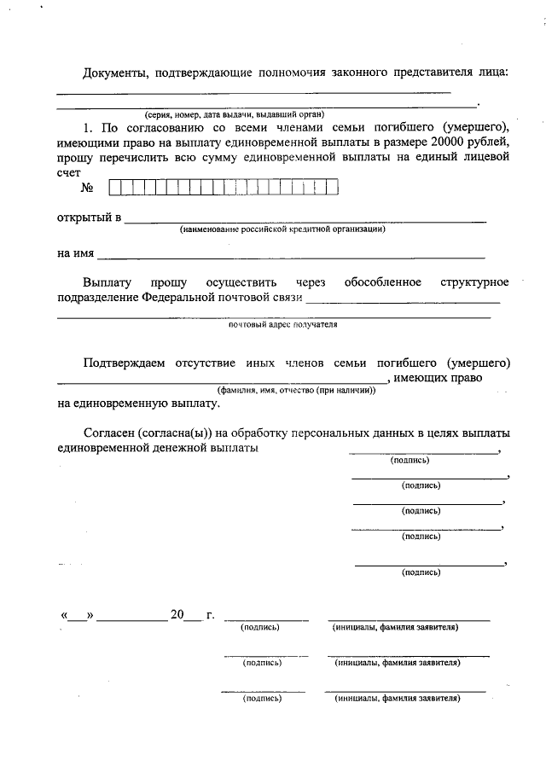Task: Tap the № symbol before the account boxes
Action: pyautogui.click(x=86, y=187)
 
